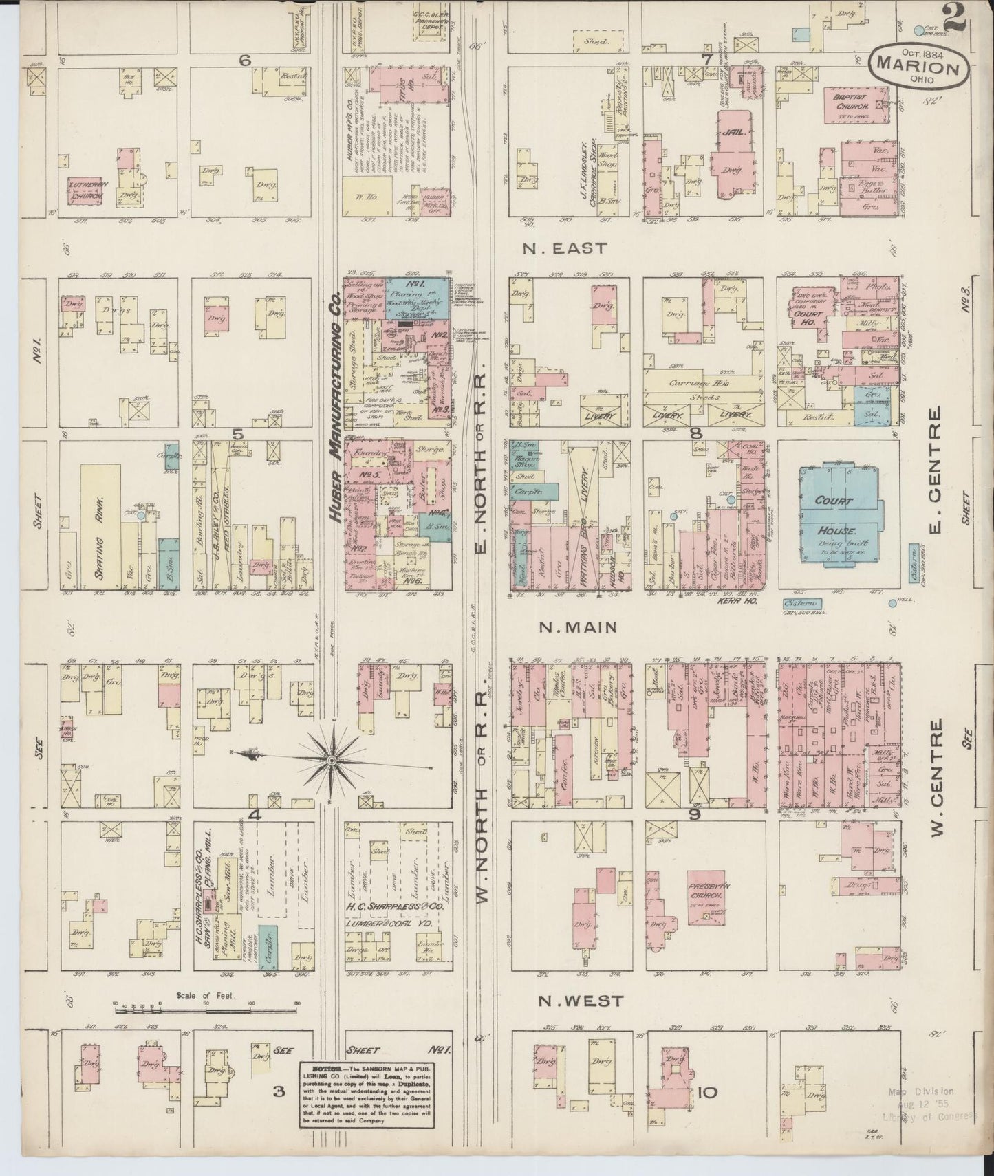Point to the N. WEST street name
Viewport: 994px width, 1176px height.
coord(579,1001)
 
